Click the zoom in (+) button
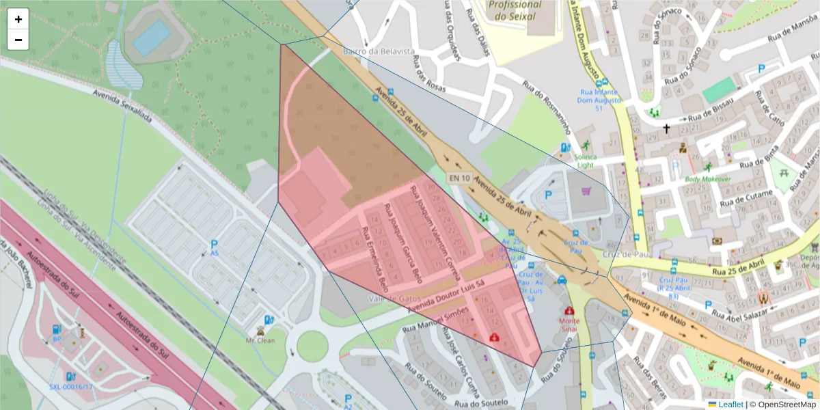[18, 19]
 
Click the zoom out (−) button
[18, 40]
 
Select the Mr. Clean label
[260, 339]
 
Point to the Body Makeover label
[708, 179]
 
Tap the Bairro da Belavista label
[369, 51]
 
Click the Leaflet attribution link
[730, 404]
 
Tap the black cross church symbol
[666, 128]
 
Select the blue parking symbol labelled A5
[215, 245]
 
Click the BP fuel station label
[57, 338]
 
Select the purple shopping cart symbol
[586, 191]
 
